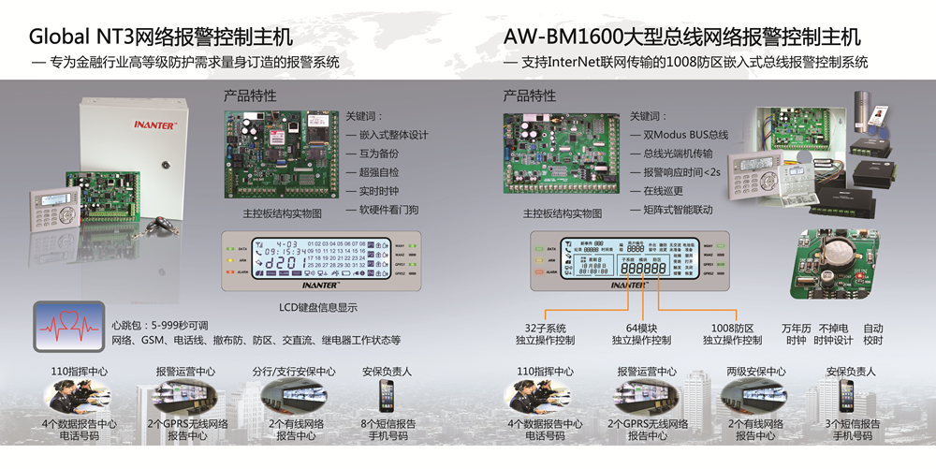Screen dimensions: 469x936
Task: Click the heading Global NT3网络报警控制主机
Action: tap(161, 37)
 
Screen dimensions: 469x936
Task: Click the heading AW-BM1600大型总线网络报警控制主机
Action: tap(682, 37)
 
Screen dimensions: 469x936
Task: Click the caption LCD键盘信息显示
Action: tap(318, 306)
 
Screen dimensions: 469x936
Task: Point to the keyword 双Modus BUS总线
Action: tap(684, 135)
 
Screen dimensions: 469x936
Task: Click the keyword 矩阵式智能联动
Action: tap(682, 210)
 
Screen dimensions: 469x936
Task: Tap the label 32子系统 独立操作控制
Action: tap(548, 334)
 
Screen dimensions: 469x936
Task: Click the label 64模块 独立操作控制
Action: tap(640, 334)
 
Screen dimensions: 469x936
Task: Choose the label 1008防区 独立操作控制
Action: tap(733, 334)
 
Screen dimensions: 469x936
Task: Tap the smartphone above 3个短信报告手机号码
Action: tap(846, 395)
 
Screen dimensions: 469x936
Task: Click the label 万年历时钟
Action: tap(796, 334)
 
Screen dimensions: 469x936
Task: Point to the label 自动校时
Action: tap(872, 334)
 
